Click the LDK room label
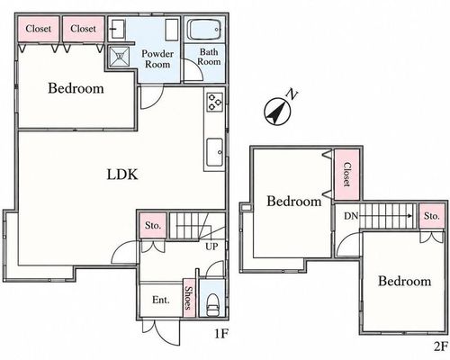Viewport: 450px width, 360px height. point(122,175)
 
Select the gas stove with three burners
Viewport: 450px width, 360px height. point(215,102)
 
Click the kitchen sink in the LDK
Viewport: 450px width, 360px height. point(215,152)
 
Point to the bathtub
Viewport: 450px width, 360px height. point(204,29)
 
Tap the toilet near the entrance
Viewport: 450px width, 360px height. point(212,304)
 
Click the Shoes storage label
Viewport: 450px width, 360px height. point(189,298)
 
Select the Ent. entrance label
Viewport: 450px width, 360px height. point(161,300)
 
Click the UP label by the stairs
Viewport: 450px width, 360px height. point(211,247)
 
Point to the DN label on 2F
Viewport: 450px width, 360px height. point(351,216)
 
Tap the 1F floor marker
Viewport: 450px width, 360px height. point(221,334)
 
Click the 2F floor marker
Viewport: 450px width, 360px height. point(441,346)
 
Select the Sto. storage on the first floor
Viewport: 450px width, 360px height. point(153,225)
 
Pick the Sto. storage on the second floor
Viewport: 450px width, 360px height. point(432,216)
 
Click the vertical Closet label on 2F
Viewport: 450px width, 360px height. point(346,175)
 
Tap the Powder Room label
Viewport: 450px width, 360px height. point(157,58)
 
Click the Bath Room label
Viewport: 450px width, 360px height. point(209,57)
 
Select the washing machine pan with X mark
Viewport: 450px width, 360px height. point(119,56)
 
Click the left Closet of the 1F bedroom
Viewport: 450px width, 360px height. point(38,29)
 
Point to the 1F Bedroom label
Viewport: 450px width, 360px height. point(76,88)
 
